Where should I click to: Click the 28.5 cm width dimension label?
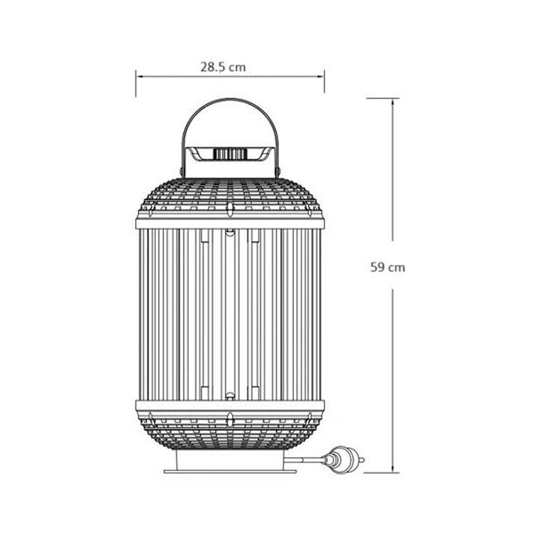(222, 66)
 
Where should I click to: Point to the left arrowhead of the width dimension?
(139, 77)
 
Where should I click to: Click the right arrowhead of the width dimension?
(321, 77)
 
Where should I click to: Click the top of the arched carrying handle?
(230, 103)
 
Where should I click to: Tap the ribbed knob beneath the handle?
(230, 155)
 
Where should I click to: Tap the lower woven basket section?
(230, 432)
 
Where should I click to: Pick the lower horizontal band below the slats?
(230, 405)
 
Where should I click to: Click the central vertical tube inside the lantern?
(230, 311)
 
